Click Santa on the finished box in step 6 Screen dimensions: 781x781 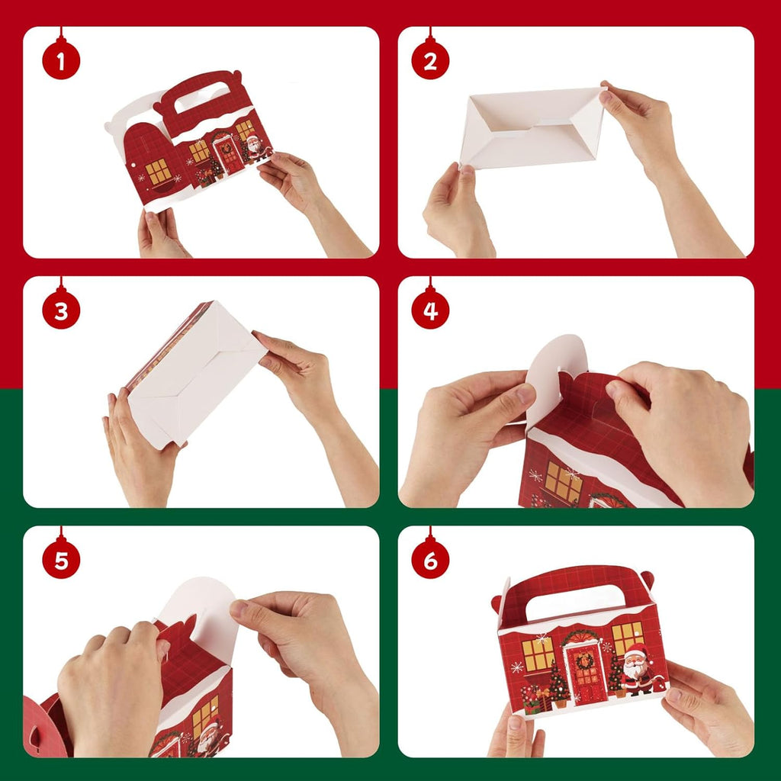[x=637, y=669]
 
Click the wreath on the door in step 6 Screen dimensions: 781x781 [x=585, y=661]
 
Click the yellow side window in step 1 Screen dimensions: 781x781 [x=159, y=172]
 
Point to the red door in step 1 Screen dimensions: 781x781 [x=230, y=155]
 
